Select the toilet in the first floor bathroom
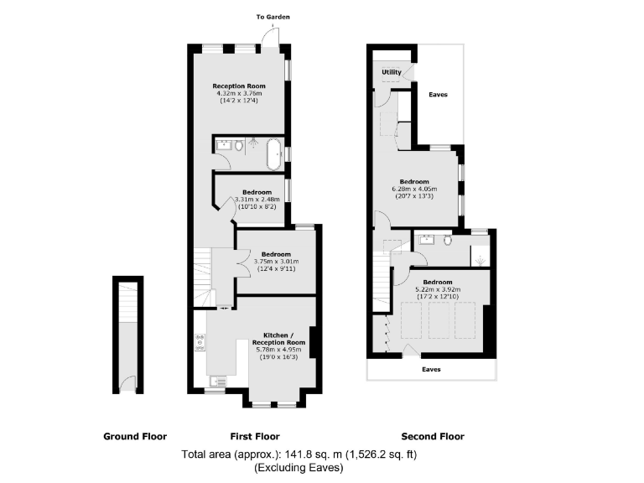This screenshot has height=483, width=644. coord(240,147)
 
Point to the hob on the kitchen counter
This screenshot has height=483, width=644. coord(200,343)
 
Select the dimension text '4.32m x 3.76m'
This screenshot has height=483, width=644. coord(240,93)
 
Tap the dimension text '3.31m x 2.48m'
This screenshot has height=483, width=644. coord(256,199)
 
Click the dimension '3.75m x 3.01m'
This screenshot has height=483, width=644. coord(276,261)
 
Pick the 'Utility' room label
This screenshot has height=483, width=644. coord(392,72)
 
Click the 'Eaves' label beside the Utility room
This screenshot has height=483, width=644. coord(438,95)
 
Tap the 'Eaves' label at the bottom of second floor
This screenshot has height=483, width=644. coord(431,369)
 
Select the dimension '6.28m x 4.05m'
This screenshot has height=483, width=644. coord(414,189)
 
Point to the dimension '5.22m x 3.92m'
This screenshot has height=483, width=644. coord(438,289)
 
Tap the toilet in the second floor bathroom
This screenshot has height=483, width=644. coord(448,242)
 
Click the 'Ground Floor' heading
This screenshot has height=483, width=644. coord(135,436)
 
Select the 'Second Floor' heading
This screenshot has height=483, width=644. coord(432,436)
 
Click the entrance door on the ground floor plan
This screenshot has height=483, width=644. coord(127,385)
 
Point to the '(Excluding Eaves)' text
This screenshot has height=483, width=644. coord(299,467)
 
